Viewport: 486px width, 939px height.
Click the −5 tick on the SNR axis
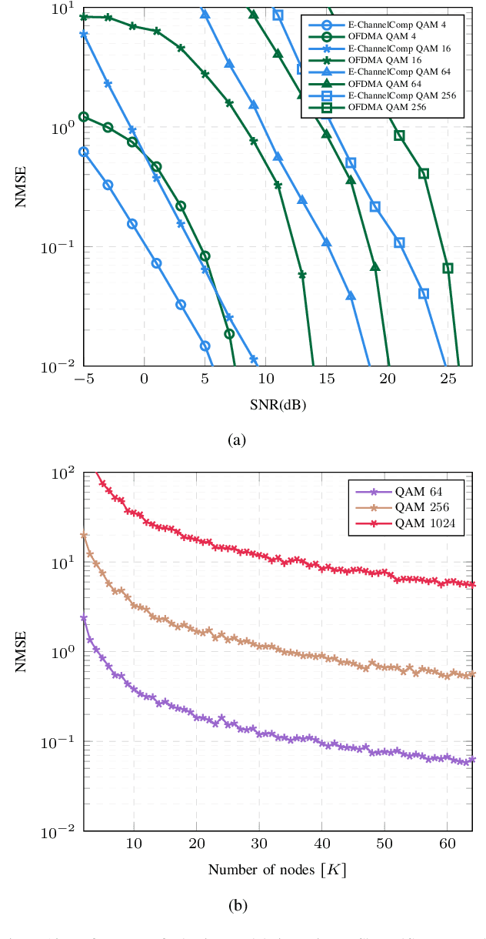pos(83,379)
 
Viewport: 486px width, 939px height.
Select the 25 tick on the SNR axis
pos(448,379)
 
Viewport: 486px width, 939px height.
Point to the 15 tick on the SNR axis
pos(326,379)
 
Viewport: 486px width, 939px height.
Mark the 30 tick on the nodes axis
pos(259,844)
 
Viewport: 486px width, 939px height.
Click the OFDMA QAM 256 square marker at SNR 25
pos(448,268)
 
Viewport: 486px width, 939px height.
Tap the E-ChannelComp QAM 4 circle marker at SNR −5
pos(83,152)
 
